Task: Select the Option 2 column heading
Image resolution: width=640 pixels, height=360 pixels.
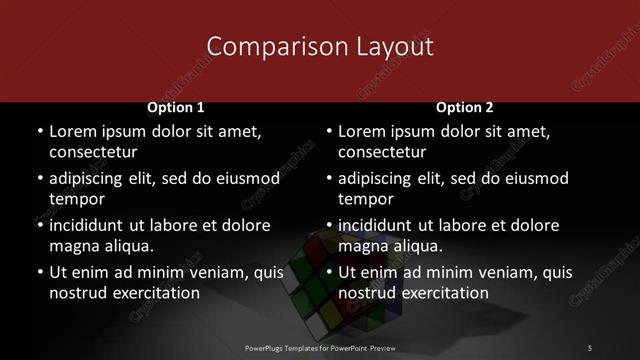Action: pos(465,107)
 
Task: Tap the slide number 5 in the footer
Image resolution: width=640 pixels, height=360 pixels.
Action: pos(589,347)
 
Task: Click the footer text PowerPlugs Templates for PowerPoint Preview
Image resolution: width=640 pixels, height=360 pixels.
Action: pos(320,347)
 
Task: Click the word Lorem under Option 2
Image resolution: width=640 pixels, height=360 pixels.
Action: pos(363,131)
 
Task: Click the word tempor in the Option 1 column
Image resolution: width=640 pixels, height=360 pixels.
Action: pos(77,199)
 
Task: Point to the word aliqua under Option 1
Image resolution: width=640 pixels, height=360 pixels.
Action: pos(127,246)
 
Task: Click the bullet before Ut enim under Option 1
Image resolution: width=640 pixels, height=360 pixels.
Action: pos(40,272)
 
